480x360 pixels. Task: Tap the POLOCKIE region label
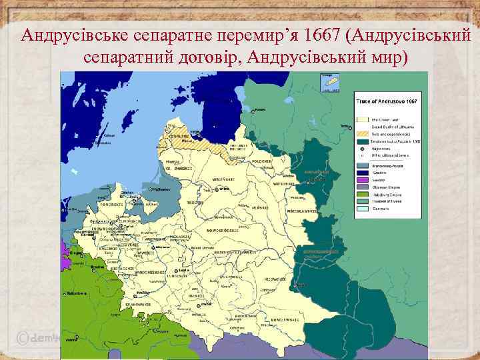click(x=261, y=162)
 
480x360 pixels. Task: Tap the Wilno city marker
click(x=218, y=189)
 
